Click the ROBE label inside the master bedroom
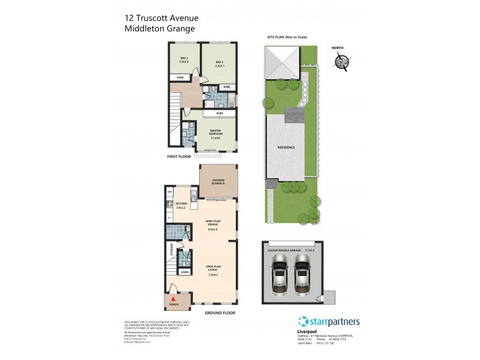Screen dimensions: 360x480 point(220,113)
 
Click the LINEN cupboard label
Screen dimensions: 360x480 point(184,272)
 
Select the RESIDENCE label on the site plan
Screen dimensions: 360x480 point(286,148)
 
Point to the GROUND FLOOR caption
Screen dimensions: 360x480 point(220,313)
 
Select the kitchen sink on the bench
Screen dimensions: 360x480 point(193,195)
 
